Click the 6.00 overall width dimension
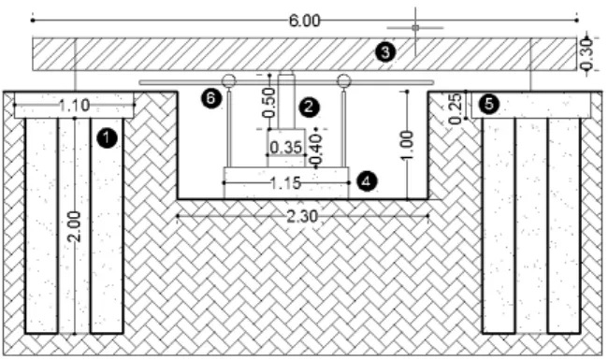(x=305, y=21)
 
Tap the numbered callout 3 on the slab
(x=385, y=52)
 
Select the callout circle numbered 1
(x=107, y=138)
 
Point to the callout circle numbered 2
(x=309, y=107)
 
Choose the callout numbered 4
(x=366, y=181)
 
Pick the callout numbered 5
(x=489, y=104)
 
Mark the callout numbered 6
(x=211, y=98)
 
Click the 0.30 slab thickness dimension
(x=586, y=54)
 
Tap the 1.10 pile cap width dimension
(x=75, y=105)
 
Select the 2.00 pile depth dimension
(x=74, y=226)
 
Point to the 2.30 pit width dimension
(x=302, y=216)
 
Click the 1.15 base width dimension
(x=285, y=183)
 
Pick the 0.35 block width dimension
(x=286, y=148)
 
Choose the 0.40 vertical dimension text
(x=316, y=150)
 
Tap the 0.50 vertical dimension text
(x=268, y=103)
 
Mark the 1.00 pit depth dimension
(x=406, y=145)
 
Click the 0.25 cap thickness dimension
(x=456, y=108)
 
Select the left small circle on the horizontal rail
(x=229, y=81)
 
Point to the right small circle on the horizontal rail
(x=343, y=81)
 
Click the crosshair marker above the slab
(x=415, y=28)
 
